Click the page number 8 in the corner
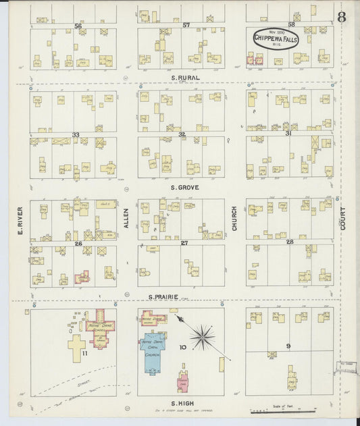point(342,17)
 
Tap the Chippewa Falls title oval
point(274,39)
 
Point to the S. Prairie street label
point(163,296)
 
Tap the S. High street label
point(181,404)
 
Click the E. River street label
point(21,221)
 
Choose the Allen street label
point(126,220)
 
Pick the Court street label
point(343,219)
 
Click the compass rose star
point(201,336)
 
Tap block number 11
point(85,352)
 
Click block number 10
point(182,347)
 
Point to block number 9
point(288,346)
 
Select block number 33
point(76,135)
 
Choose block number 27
point(184,242)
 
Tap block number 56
point(78,26)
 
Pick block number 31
point(288,134)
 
